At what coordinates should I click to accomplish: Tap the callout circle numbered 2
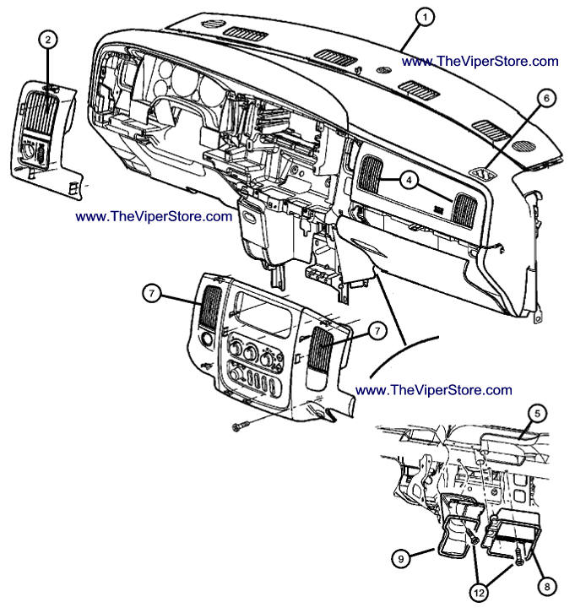pos(48,39)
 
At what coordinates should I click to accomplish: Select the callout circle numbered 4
pos(408,180)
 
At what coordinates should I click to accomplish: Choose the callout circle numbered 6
pos(545,98)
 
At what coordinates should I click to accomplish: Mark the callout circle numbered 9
pos(401,558)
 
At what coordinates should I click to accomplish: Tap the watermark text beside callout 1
pos(480,61)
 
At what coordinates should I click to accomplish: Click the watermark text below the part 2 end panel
pos(154,216)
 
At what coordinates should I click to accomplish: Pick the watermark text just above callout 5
pos(434,389)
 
